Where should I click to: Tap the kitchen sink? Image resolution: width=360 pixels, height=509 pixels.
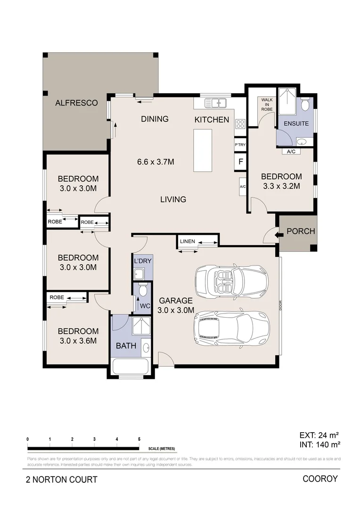[x=216, y=102]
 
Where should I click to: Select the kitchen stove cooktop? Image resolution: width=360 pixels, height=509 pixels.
[x=240, y=124]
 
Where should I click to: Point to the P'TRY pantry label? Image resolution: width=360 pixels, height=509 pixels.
[x=240, y=145]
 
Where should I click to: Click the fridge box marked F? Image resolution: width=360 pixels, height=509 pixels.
[x=240, y=162]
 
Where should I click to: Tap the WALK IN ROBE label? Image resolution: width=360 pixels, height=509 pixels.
[x=267, y=104]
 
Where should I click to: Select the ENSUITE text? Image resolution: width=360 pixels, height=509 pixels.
[x=296, y=123]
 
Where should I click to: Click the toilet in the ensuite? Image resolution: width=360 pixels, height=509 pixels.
[x=305, y=104]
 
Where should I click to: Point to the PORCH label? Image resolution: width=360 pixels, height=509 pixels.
[x=301, y=231]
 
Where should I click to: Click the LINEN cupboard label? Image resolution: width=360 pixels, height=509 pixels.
[x=188, y=242]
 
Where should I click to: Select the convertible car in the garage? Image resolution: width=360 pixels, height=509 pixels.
[x=231, y=282]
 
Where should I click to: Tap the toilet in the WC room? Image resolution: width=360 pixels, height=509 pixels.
[x=143, y=290]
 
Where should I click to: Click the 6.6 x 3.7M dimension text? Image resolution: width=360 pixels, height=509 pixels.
[x=155, y=162]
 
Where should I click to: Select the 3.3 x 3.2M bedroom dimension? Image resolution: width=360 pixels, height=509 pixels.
[x=281, y=186]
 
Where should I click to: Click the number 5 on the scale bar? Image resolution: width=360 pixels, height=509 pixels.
[x=139, y=439]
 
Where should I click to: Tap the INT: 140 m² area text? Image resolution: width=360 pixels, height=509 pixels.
[x=320, y=443]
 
